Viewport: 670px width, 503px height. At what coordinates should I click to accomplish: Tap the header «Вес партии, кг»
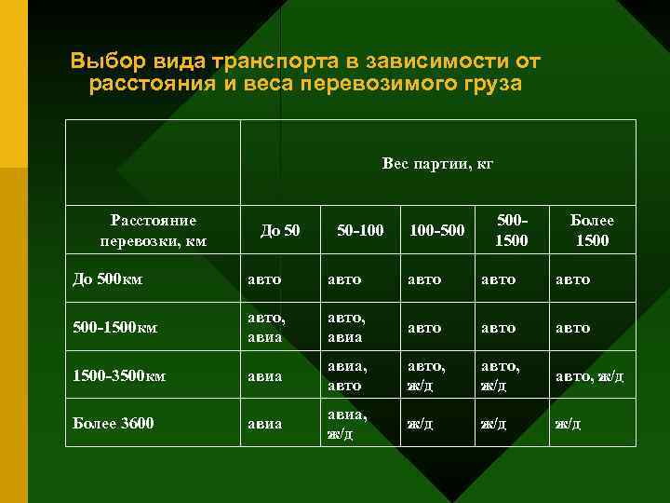(436, 164)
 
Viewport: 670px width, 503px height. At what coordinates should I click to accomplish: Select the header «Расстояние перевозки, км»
(153, 231)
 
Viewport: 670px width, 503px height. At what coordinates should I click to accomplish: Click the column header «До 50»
(279, 230)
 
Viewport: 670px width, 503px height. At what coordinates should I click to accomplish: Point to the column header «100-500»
(435, 230)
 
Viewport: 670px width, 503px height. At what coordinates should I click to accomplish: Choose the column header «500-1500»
(511, 230)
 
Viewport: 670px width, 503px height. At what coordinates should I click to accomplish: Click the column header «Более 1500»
(592, 230)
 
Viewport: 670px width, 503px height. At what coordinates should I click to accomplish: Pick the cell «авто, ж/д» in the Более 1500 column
(589, 376)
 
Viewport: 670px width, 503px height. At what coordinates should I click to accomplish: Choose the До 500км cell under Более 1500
(572, 279)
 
